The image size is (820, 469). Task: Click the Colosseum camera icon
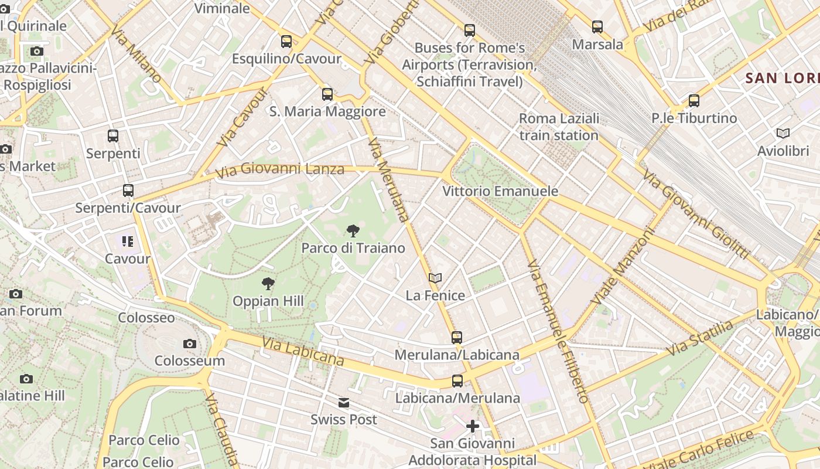(x=189, y=344)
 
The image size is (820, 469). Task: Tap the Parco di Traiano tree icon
(x=353, y=231)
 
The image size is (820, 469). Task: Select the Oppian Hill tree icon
(x=268, y=284)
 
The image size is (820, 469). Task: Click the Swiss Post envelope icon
(x=344, y=403)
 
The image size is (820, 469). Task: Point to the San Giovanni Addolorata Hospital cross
(x=473, y=426)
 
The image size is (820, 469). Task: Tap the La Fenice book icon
(x=435, y=278)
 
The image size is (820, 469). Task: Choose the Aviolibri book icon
(x=783, y=134)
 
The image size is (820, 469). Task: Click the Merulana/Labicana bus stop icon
(x=457, y=338)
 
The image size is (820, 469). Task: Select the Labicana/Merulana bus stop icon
(x=457, y=381)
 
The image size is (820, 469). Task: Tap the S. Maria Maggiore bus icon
(x=327, y=94)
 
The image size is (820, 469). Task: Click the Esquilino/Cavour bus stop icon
(x=286, y=42)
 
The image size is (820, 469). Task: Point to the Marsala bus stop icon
(x=597, y=27)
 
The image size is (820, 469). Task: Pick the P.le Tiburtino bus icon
(x=694, y=101)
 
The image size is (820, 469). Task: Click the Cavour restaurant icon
(x=128, y=242)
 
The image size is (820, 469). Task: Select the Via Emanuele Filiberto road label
(x=558, y=332)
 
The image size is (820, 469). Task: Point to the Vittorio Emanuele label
(x=500, y=191)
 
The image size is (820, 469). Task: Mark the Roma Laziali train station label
(x=559, y=127)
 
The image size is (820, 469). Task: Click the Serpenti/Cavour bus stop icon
(x=128, y=191)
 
